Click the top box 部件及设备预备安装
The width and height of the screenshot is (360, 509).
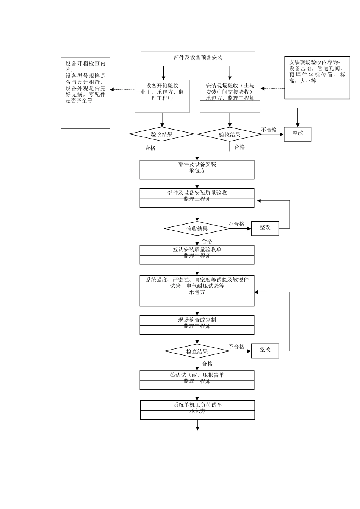(x=198, y=58)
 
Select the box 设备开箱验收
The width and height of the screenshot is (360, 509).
(x=162, y=96)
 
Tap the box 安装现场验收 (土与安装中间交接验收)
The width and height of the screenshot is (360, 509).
(x=230, y=96)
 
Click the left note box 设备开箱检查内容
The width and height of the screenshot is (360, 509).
(x=86, y=93)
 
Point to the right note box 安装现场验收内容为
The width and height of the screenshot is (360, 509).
(x=317, y=78)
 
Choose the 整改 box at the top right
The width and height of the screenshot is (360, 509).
(x=297, y=134)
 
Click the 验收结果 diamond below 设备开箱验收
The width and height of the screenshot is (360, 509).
(x=162, y=134)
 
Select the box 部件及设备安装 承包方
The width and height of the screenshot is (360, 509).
(x=197, y=169)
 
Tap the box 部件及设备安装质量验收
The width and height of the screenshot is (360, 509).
(x=197, y=197)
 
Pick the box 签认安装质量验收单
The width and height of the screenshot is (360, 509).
(x=197, y=254)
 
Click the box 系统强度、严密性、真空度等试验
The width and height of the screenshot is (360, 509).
(x=197, y=290)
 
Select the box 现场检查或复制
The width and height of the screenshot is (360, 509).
(x=197, y=325)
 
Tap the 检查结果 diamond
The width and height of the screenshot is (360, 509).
(x=197, y=351)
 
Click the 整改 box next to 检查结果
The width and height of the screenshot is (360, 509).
(x=265, y=351)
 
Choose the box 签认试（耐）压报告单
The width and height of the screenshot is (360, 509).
(x=197, y=380)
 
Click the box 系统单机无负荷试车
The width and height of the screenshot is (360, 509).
(x=197, y=410)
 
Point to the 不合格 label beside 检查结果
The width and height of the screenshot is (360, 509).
(x=236, y=347)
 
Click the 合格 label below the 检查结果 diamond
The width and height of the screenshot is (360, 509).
(x=207, y=364)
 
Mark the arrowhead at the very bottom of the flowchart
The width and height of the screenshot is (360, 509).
(x=197, y=428)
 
